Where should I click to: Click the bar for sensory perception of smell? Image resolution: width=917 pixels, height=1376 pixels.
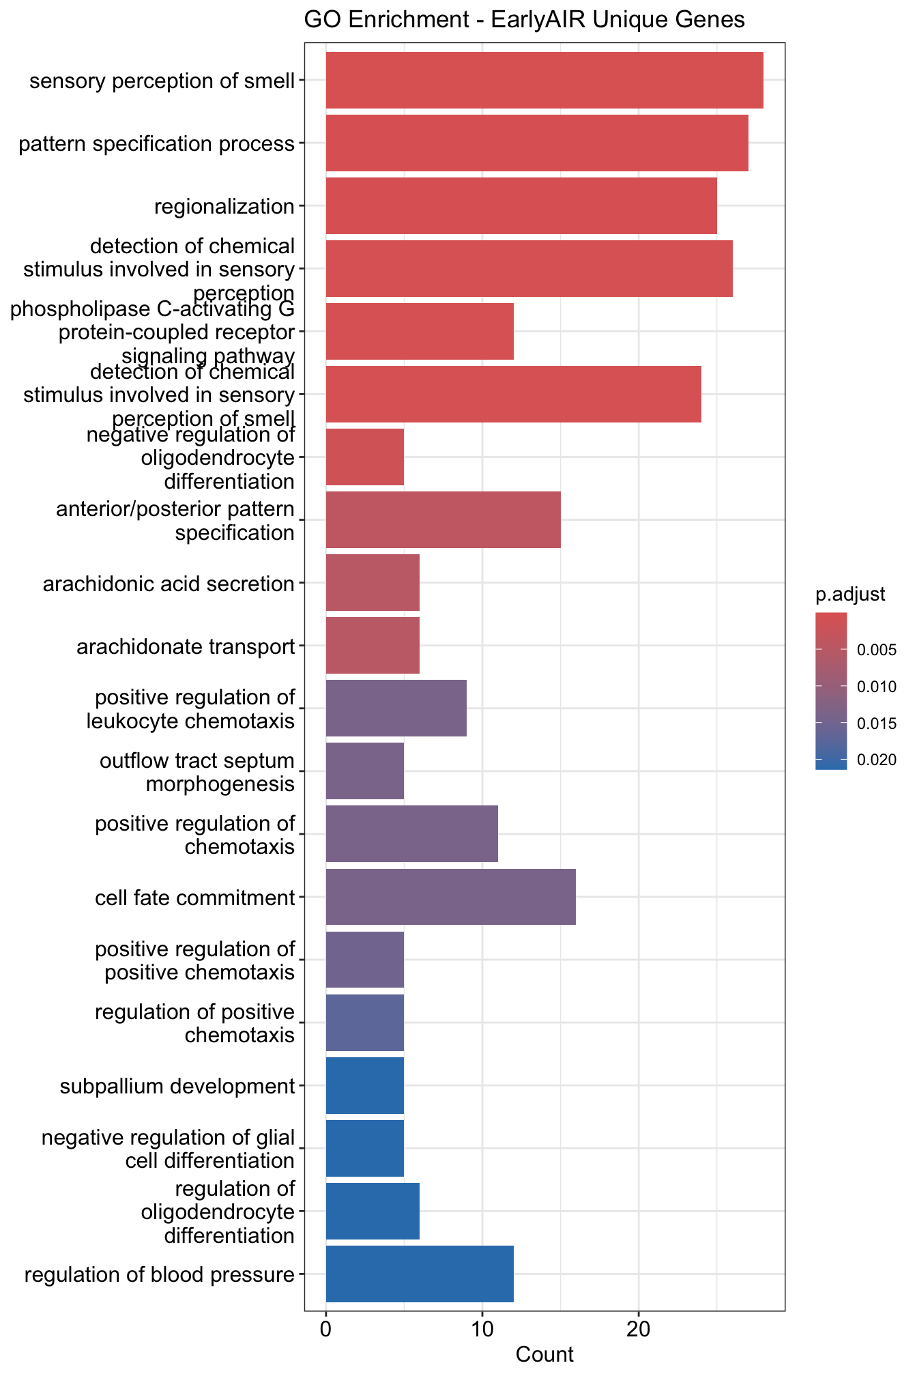(544, 81)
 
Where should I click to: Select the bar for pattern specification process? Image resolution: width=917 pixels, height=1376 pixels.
(537, 143)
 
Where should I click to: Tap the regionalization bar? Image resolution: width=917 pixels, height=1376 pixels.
(521, 206)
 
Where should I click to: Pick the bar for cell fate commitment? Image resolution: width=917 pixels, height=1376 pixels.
(451, 897)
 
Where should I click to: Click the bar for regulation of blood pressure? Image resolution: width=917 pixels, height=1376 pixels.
(420, 1274)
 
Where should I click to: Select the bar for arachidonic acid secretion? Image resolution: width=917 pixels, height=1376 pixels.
(373, 583)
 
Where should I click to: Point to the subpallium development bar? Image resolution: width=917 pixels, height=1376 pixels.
(365, 1085)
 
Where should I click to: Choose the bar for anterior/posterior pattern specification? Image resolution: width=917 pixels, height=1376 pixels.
(443, 520)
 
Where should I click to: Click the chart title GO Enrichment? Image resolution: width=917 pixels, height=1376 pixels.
(524, 20)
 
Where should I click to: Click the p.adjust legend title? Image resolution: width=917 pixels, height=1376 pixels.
(850, 594)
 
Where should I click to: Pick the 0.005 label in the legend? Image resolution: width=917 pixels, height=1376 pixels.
(877, 650)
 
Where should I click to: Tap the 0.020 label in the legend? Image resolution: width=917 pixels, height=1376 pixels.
(877, 760)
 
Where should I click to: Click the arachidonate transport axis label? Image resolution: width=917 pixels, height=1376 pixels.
(186, 646)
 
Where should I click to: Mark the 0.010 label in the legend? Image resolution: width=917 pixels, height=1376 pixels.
(877, 687)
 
